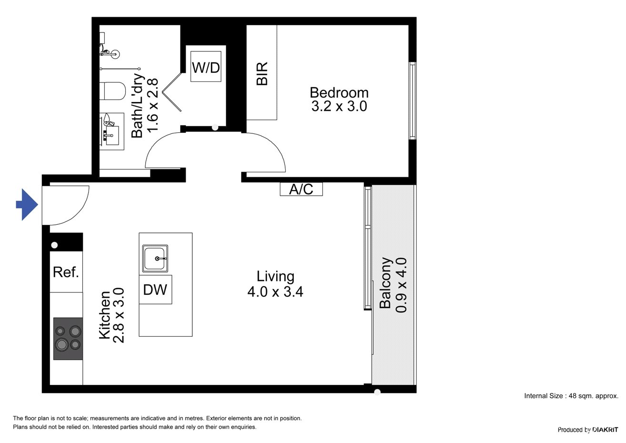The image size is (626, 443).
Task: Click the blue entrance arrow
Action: coord(27,205)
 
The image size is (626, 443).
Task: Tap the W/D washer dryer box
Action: coord(206,67)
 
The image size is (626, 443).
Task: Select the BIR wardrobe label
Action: coord(262,73)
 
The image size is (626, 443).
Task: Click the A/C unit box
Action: coord(301,189)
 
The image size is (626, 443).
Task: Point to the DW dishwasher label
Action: coord(155,290)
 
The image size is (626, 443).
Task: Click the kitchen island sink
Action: coord(155,258)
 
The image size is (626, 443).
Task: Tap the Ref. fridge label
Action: coord(66,272)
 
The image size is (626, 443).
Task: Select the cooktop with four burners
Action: coord(68,339)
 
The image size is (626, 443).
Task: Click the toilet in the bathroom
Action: coord(113,91)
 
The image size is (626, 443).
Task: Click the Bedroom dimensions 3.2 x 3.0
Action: coord(339,107)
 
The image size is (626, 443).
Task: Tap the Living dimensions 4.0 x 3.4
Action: coord(275,292)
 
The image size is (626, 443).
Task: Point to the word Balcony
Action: coord(386,283)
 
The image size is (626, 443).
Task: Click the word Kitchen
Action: coord(105,315)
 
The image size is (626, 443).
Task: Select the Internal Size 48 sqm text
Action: coord(571,396)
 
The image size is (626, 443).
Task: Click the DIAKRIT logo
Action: coord(605,430)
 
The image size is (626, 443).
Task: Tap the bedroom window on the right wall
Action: coord(412,101)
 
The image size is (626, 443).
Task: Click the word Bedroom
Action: coord(339,92)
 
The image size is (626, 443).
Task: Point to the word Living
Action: coord(276,277)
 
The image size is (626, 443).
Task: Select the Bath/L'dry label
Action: coord(137,106)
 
